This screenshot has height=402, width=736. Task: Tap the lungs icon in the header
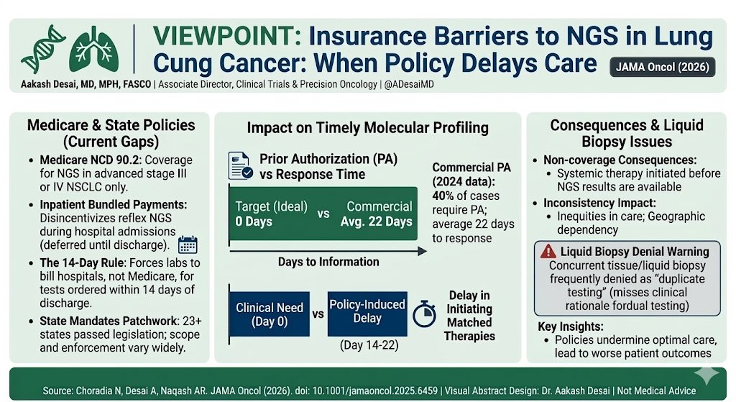coord(93,49)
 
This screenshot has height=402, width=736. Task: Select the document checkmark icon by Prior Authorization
coord(239,165)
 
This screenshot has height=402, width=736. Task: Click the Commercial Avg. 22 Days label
coord(377,214)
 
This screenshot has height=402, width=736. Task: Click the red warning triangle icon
coord(548,252)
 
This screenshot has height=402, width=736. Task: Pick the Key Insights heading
coord(571,326)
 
